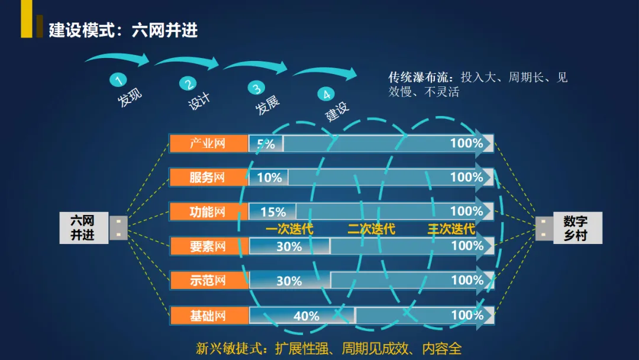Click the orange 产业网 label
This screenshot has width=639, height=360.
208,144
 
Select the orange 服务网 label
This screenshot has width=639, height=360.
208,178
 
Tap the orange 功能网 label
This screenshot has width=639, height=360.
208,212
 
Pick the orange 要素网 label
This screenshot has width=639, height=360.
208,246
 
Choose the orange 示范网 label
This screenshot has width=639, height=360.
208,281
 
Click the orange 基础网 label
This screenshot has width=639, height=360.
208,315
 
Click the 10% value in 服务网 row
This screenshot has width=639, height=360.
269,178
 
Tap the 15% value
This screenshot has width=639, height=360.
273,212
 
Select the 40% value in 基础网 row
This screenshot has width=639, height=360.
306,316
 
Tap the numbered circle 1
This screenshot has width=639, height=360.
118,80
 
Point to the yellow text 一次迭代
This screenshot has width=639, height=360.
289,229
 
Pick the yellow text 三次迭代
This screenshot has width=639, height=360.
451,229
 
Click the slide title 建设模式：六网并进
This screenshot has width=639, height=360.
123,30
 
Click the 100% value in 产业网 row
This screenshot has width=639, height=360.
466,143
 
